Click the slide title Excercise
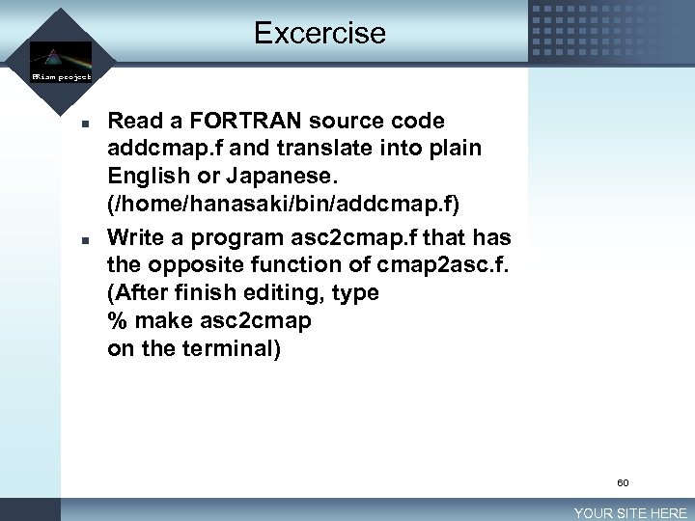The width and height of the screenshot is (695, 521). pos(320,34)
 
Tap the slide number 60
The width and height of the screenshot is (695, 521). pos(623,482)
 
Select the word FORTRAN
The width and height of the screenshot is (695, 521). pos(231,122)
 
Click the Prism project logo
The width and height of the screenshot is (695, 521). pos(60,61)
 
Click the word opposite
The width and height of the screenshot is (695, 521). pos(198,264)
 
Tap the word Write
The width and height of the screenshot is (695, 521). pos(138,236)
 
